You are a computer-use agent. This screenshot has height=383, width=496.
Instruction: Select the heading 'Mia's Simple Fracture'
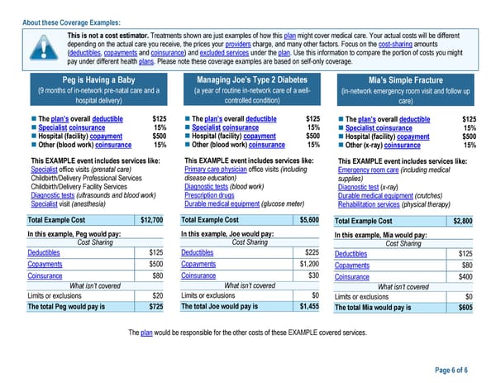(404, 80)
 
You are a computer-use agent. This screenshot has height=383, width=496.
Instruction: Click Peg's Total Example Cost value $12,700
(151, 220)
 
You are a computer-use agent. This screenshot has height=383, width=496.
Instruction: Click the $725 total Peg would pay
(155, 306)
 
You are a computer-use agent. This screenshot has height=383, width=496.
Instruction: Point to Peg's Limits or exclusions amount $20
(157, 295)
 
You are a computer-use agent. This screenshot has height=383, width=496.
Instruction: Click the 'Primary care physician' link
(215, 169)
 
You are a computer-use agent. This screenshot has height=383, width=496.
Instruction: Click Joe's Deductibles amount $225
(312, 252)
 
